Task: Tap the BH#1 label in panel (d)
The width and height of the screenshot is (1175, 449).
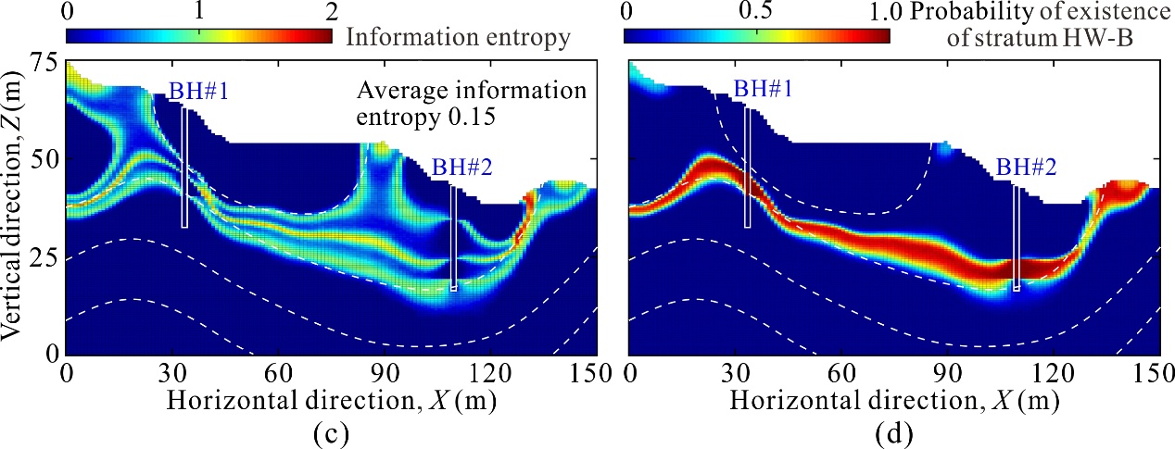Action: coord(756,90)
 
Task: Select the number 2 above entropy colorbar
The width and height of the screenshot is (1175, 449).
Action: coord(330,13)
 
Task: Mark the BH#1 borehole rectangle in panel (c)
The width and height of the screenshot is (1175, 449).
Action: coord(184,168)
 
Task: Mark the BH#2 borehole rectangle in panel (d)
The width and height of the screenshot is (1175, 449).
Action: coord(1017,239)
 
